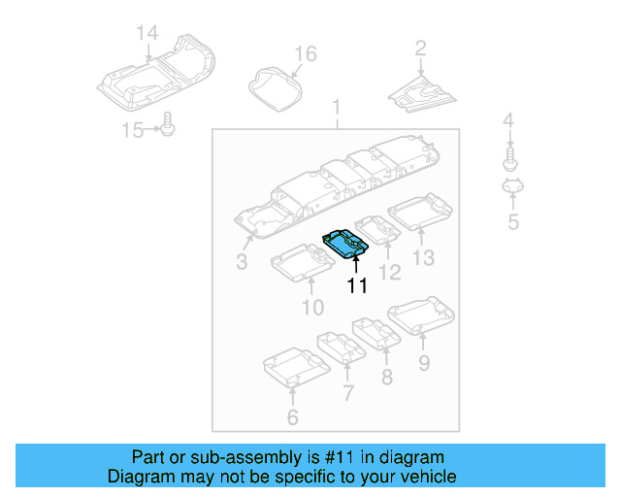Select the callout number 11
(358, 285)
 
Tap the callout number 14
(146, 34)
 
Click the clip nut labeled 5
(512, 187)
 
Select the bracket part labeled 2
(423, 93)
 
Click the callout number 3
(242, 262)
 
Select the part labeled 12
(377, 231)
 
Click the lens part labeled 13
(420, 212)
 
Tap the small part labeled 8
(376, 333)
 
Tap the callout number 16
(305, 53)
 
